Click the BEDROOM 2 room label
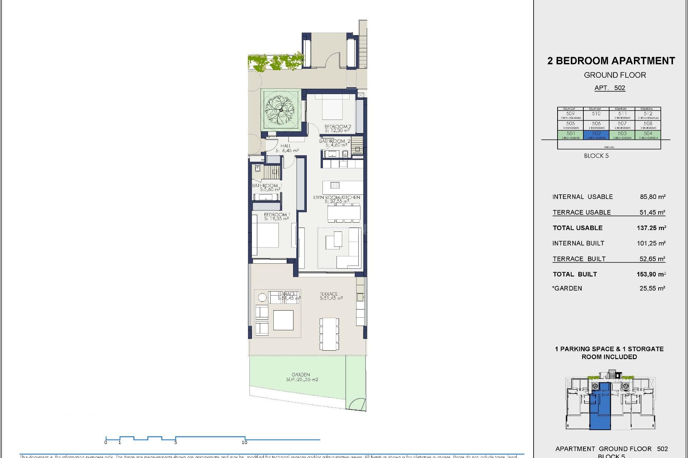[338, 127]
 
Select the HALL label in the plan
[286, 146]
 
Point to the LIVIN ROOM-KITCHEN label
[336, 197]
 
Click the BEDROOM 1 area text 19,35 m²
[276, 219]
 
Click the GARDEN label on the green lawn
[301, 375]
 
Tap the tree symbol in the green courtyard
[281, 109]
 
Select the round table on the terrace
[262, 297]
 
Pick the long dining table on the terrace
[329, 333]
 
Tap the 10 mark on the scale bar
[245, 442]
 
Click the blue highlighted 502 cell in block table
[596, 135]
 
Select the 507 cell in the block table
[622, 125]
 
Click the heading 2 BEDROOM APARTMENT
[611, 61]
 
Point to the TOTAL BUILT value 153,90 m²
[651, 274]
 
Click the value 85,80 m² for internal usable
[653, 197]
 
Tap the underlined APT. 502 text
[610, 88]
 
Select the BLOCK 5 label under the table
[596, 156]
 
